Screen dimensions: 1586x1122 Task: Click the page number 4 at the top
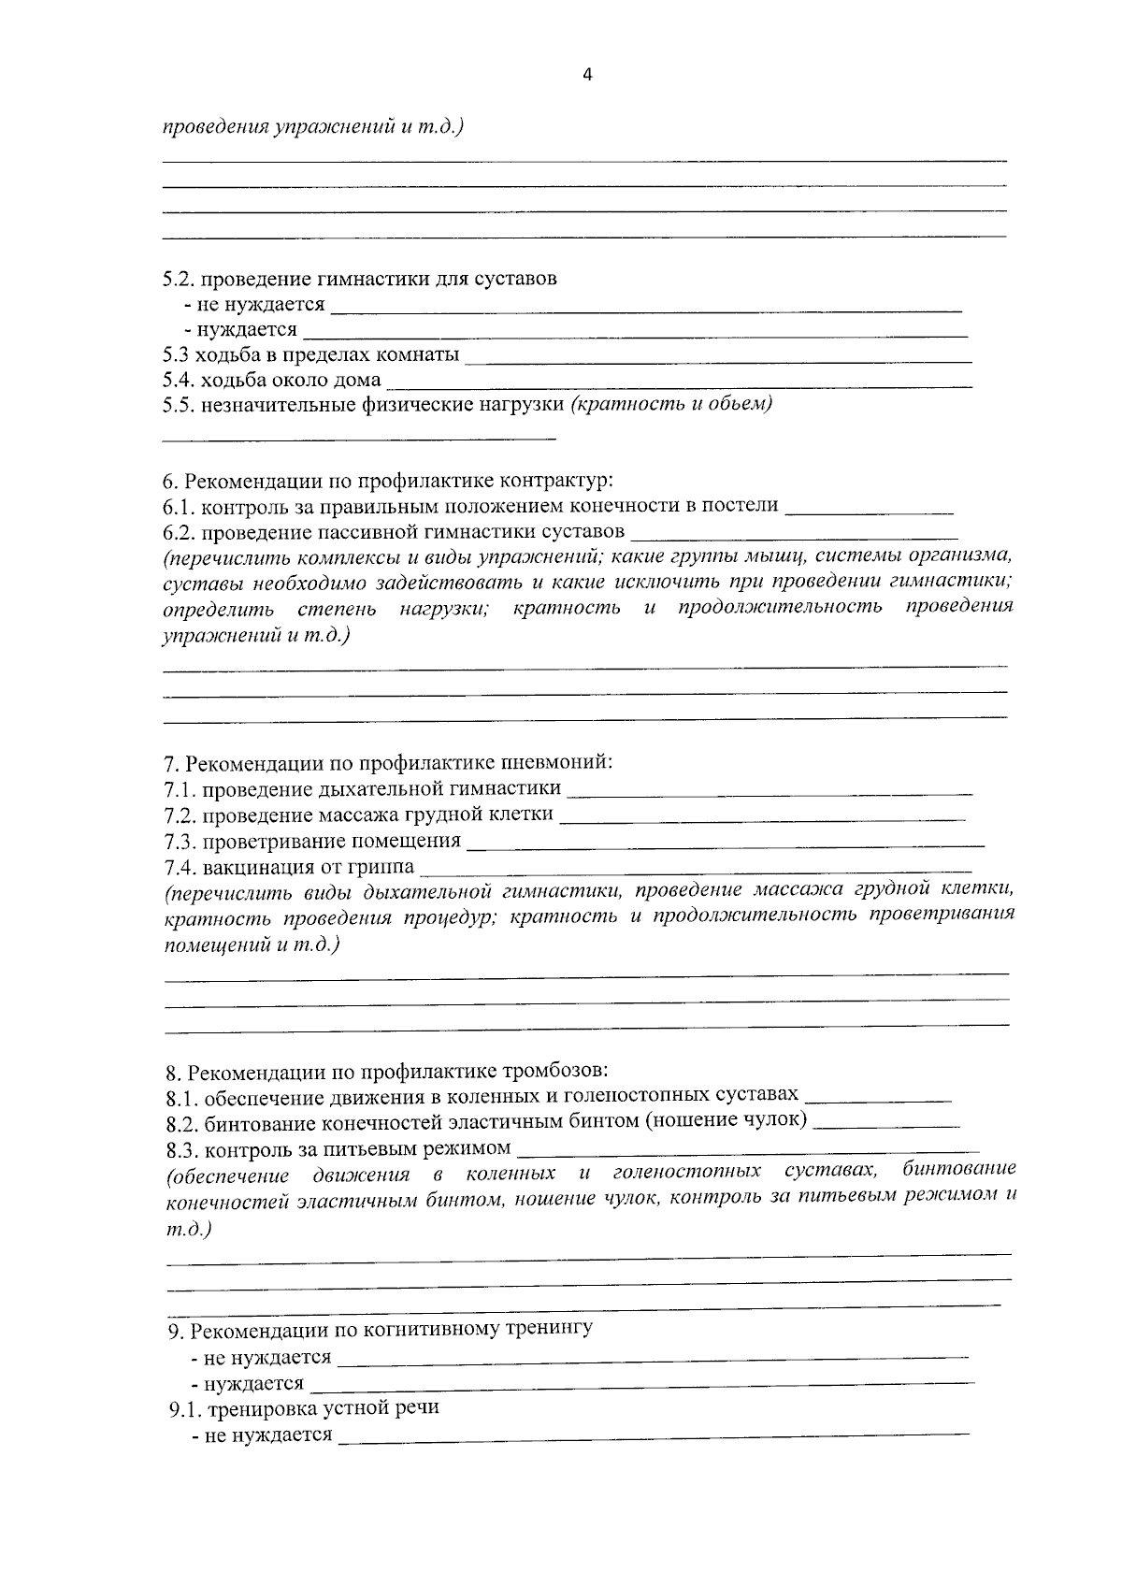[x=587, y=77]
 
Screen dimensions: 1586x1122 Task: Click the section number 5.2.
[x=178, y=279]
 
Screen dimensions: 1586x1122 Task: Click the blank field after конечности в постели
[x=869, y=511]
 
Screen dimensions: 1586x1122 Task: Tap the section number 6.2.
[x=178, y=532]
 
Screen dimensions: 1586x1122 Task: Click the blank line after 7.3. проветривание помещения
[x=725, y=843]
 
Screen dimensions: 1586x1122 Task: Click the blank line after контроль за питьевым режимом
[x=747, y=1150]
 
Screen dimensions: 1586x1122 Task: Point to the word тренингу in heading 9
[x=550, y=1329]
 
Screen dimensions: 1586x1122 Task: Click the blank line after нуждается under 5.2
[x=635, y=333]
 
